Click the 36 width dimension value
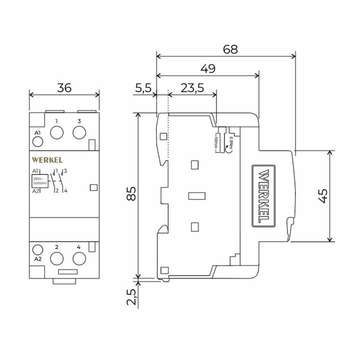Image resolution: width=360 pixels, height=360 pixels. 64,87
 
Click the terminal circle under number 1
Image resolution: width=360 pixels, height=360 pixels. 57,132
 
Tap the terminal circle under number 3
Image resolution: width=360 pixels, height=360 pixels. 79,132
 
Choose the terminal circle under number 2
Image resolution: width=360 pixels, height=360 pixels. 57,257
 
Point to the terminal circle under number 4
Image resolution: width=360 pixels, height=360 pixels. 79,257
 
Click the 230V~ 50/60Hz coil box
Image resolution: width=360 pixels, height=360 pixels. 40,180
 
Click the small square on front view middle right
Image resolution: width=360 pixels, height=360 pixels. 93,187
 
